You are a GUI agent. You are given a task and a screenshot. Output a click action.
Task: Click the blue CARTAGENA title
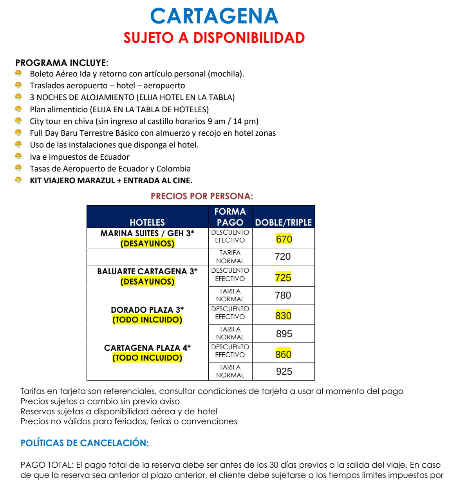[x=214, y=16]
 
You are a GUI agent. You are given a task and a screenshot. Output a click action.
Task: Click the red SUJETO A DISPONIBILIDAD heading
[x=214, y=38]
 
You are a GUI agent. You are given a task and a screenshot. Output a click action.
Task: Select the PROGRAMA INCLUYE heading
[x=61, y=63]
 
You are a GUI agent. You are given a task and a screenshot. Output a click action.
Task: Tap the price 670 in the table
[x=284, y=239]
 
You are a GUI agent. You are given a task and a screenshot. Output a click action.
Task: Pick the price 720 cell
[x=283, y=257]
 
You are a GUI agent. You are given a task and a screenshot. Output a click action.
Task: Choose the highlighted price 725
[x=283, y=277]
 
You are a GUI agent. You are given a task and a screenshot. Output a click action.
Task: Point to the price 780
[x=283, y=295]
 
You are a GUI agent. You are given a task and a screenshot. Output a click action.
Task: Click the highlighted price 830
[x=283, y=315]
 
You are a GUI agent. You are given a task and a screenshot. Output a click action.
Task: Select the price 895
[x=284, y=333]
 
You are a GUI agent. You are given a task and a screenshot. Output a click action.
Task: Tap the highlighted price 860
[x=283, y=354]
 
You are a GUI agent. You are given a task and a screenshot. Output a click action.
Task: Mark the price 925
[x=284, y=371]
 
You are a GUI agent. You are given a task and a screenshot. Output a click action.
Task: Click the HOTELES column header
[x=147, y=222]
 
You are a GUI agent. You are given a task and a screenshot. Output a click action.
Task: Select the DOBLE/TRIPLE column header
[x=283, y=222]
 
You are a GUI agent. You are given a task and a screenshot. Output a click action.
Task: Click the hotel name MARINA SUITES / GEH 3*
[x=147, y=233]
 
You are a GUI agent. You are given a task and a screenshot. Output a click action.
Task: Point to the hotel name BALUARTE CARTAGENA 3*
[x=147, y=271]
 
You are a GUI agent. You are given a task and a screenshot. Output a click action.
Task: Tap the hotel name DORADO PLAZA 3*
[x=147, y=310]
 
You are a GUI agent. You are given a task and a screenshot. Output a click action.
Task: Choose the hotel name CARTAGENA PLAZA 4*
[x=147, y=348]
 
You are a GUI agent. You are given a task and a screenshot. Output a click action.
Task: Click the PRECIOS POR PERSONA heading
[x=202, y=196]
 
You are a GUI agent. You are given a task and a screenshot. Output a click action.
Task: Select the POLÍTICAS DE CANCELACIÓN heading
[x=85, y=443]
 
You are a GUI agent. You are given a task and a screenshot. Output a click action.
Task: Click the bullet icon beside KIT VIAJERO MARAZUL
[x=18, y=180]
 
